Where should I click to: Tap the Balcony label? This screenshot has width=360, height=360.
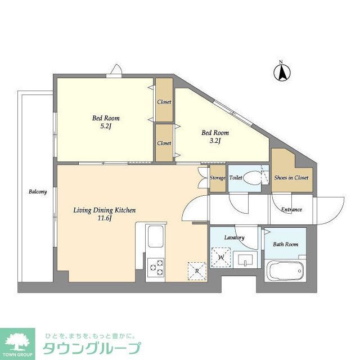coord(38,192)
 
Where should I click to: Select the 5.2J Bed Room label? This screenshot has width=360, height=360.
coord(106,123)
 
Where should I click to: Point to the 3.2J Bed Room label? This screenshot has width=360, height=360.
coord(214,137)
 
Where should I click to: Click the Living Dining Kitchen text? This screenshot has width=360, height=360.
coord(105,214)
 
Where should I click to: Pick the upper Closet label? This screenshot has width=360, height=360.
coord(164,102)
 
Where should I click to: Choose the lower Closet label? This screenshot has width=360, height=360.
coord(164,143)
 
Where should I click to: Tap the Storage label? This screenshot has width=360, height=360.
coord(218,178)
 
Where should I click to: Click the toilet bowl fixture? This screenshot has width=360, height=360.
coord(253,178)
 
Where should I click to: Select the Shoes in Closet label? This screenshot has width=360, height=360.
coord(291,178)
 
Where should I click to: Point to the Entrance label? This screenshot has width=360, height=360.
coord(291,210)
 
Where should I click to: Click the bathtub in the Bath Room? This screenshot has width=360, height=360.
coord(286,273)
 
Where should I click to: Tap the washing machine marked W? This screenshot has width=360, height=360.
coord(221,258)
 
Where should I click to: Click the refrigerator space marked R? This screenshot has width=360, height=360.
coord(196,270)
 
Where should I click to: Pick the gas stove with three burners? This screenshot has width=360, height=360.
coord(156,268)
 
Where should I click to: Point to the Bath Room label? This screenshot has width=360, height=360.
coord(286,245)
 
